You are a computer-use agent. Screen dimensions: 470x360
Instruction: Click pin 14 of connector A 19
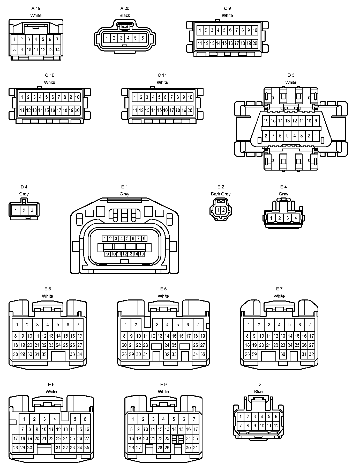click(57, 49)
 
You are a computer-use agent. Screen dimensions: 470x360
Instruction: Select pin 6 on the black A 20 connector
click(142, 38)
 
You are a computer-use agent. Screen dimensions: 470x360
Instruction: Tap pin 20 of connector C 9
click(255, 43)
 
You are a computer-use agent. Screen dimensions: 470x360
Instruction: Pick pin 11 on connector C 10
click(22, 111)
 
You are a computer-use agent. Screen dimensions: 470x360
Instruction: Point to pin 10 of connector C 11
click(190, 97)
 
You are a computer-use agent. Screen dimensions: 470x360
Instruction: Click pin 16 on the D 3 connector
click(266, 121)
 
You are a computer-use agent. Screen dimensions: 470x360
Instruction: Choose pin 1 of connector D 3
click(316, 136)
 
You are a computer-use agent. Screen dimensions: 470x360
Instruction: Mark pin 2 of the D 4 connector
click(24, 210)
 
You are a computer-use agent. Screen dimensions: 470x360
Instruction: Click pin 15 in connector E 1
click(141, 254)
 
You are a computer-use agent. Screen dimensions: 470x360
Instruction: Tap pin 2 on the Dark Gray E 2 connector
click(224, 210)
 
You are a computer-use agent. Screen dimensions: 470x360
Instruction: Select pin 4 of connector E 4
click(296, 218)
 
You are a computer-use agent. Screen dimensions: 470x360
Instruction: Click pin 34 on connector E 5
click(80, 354)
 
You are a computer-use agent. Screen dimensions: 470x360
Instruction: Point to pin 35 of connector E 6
click(203, 354)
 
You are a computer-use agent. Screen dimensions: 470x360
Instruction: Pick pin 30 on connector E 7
click(283, 354)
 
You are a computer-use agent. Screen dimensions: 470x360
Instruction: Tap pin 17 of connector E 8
click(16, 438)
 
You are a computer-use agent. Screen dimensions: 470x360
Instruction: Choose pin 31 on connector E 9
click(196, 447)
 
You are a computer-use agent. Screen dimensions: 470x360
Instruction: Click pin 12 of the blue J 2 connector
click(276, 425)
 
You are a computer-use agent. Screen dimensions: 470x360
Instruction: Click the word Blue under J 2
click(258, 392)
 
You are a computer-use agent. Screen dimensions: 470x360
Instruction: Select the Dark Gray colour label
click(221, 194)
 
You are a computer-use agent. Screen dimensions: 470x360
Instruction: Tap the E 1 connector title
click(124, 187)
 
